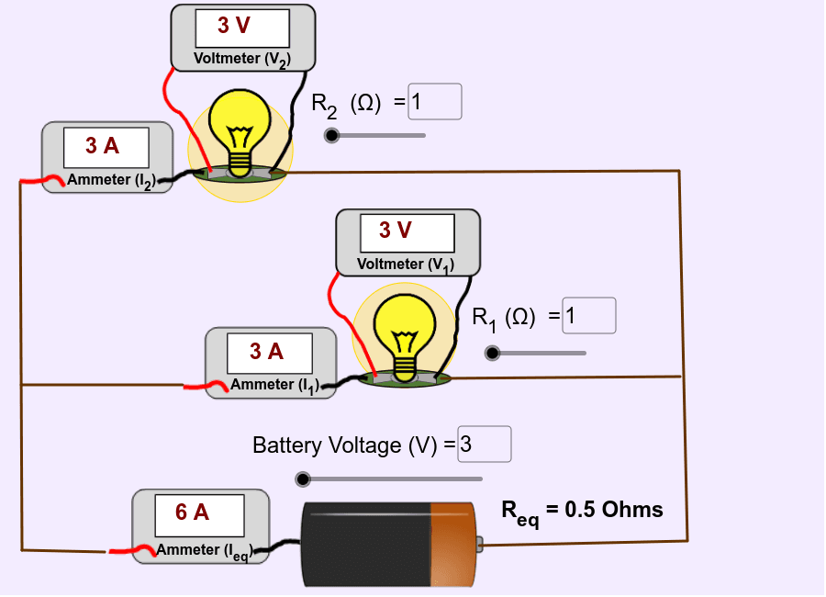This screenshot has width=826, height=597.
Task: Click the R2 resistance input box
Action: pos(434,102)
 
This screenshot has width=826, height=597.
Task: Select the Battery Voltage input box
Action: pos(484,445)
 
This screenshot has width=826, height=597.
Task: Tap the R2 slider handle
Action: pos(331,136)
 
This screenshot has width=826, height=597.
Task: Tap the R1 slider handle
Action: pos(492,353)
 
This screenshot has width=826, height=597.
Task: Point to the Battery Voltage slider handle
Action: pos(303,479)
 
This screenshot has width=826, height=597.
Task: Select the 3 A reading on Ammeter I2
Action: pos(105,145)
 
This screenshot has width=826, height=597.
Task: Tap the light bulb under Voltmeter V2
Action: pos(240,129)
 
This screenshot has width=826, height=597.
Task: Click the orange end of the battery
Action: pos(452,544)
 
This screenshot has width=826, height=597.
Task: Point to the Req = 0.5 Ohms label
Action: pos(582,512)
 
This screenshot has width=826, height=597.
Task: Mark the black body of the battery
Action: pos(367,544)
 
